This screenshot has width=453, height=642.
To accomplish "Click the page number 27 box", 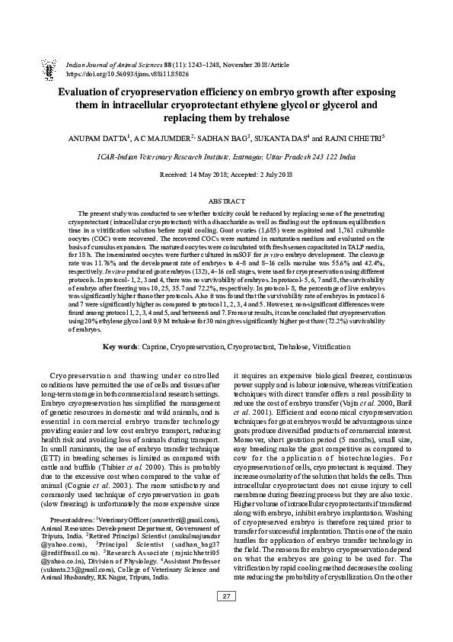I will pyautogui.click(x=227, y=618).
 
